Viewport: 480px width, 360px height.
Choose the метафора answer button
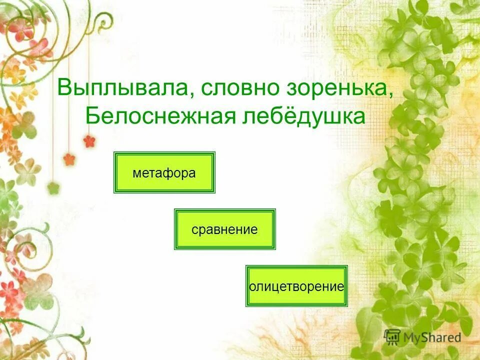(x=164, y=173)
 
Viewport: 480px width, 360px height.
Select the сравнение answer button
(x=224, y=229)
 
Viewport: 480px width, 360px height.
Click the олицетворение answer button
(x=296, y=286)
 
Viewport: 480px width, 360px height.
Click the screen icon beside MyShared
(x=393, y=336)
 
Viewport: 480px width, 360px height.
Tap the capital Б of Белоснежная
(x=93, y=116)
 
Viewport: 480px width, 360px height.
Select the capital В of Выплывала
(x=64, y=88)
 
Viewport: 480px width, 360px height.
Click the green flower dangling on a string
(x=53, y=188)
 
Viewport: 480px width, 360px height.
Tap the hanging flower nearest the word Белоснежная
(x=89, y=141)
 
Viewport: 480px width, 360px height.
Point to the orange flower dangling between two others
(x=69, y=159)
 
